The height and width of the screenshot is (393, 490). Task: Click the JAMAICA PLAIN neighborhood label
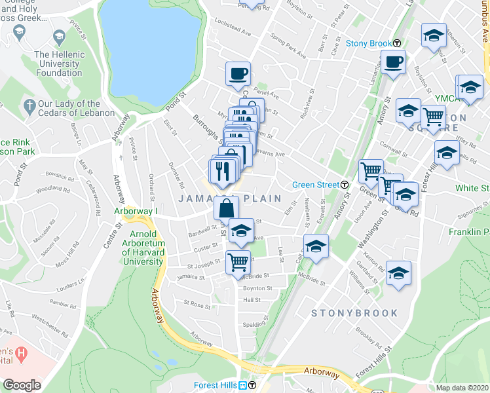(x=229, y=198)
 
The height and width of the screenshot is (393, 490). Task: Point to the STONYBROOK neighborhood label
(x=354, y=313)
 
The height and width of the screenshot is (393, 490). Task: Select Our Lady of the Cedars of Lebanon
(x=69, y=108)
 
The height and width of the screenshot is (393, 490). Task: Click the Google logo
(x=22, y=385)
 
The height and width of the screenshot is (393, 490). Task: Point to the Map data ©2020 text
(x=462, y=388)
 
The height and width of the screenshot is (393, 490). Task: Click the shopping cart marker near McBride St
(x=238, y=261)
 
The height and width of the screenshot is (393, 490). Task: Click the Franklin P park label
(x=469, y=232)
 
